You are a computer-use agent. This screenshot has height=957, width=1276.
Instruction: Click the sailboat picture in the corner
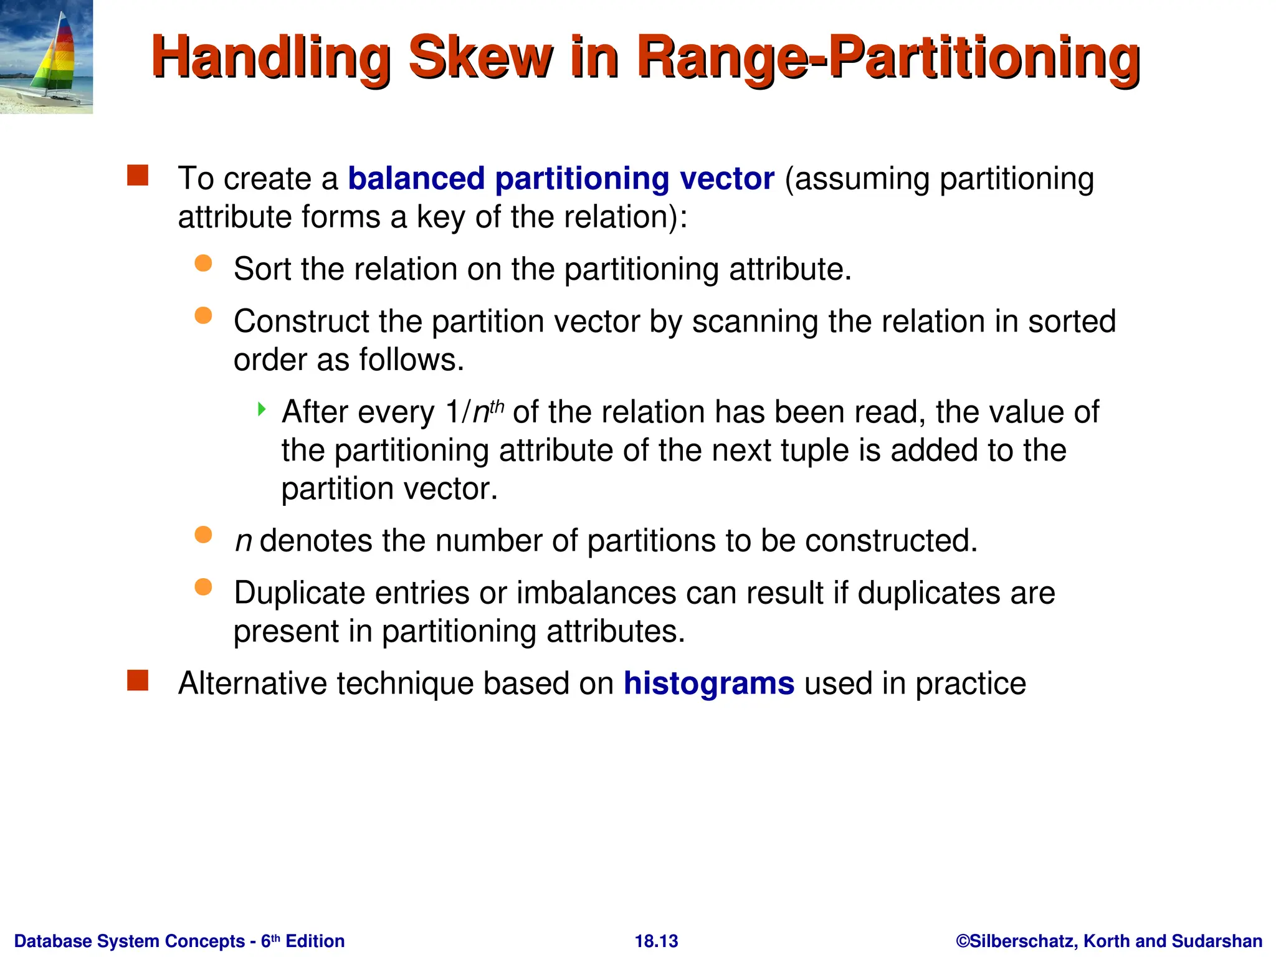click(46, 57)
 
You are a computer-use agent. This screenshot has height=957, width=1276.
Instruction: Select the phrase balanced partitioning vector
click(561, 179)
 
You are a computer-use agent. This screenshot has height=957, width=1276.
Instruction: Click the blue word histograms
click(709, 683)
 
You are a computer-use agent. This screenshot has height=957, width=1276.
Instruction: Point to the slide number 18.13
click(656, 941)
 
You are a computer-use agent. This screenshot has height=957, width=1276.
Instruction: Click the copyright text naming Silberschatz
click(1109, 941)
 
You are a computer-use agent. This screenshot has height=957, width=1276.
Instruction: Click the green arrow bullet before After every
click(262, 409)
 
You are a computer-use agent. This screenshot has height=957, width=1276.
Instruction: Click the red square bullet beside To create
click(138, 176)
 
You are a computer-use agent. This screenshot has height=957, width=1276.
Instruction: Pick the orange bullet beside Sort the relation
click(203, 263)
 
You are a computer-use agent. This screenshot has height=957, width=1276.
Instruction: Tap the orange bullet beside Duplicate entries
click(203, 587)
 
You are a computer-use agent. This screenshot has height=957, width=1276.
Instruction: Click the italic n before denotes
click(243, 541)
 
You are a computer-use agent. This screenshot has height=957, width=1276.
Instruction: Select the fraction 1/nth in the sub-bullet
click(474, 412)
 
